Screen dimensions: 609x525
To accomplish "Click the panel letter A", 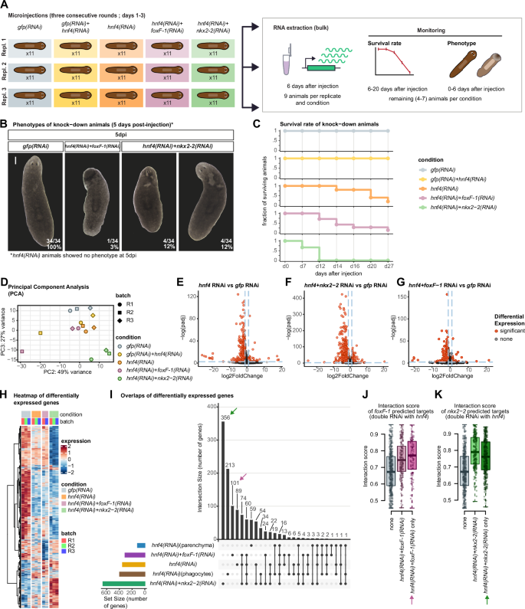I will (6, 5).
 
